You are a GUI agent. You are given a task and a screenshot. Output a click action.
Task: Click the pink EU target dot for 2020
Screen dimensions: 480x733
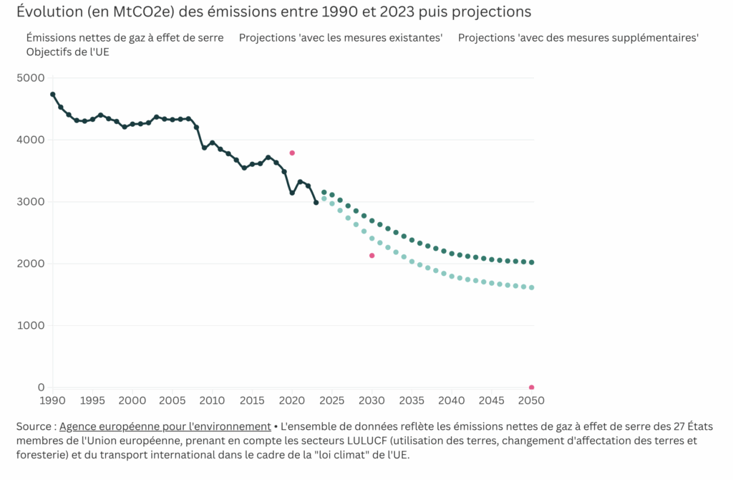pyautogui.click(x=292, y=153)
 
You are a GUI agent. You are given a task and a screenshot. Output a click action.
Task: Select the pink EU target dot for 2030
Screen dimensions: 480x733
pyautogui.click(x=372, y=256)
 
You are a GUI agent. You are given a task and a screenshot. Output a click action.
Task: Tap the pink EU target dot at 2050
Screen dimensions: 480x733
pyautogui.click(x=531, y=388)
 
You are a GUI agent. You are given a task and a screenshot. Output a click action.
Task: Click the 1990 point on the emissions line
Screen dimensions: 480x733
pyautogui.click(x=53, y=95)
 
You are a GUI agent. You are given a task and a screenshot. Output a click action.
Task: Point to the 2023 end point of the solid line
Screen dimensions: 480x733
pyautogui.click(x=316, y=203)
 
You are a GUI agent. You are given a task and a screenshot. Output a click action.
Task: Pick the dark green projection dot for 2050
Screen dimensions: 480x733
pyautogui.click(x=531, y=262)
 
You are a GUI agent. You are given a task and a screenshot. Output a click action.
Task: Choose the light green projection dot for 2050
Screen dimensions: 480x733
pyautogui.click(x=531, y=287)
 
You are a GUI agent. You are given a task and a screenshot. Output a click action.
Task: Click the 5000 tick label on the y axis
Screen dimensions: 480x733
pyautogui.click(x=30, y=78)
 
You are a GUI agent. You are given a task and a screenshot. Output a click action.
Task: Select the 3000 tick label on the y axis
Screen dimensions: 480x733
pyautogui.click(x=30, y=202)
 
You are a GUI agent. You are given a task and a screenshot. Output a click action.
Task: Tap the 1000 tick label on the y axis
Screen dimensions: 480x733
pyautogui.click(x=30, y=326)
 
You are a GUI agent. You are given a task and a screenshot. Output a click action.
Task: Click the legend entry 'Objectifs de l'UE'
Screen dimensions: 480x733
pyautogui.click(x=67, y=52)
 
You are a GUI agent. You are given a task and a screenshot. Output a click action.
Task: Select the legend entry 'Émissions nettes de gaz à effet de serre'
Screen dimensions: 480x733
pyautogui.click(x=125, y=37)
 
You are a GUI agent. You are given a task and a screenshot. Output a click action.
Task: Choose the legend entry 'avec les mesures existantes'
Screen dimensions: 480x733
pyautogui.click(x=341, y=37)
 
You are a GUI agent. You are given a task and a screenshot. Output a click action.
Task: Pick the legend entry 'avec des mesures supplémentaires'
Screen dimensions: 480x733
pyautogui.click(x=578, y=37)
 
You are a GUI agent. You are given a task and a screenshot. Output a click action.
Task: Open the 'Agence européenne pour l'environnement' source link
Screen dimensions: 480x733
pyautogui.click(x=165, y=426)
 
